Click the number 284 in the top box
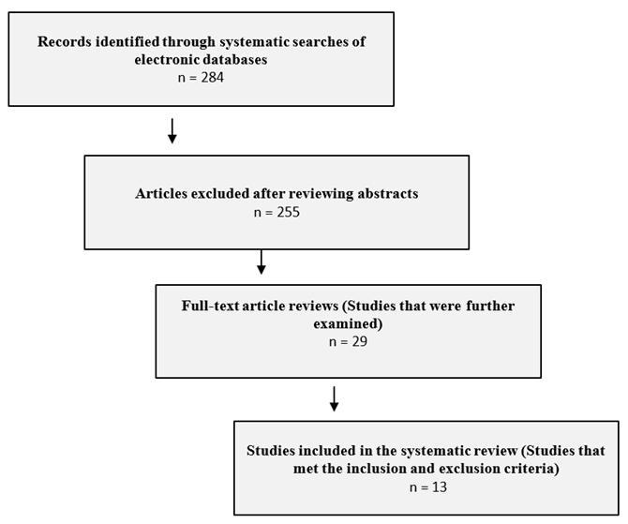(x=212, y=77)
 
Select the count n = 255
(x=277, y=212)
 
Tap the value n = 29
(x=348, y=341)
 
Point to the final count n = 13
(x=428, y=487)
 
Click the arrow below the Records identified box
(x=172, y=130)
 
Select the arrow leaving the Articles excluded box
(x=262, y=262)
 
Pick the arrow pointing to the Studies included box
(x=334, y=398)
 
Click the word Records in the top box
(x=65, y=41)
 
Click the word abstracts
(x=388, y=194)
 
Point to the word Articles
(x=161, y=194)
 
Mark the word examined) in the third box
(x=348, y=323)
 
